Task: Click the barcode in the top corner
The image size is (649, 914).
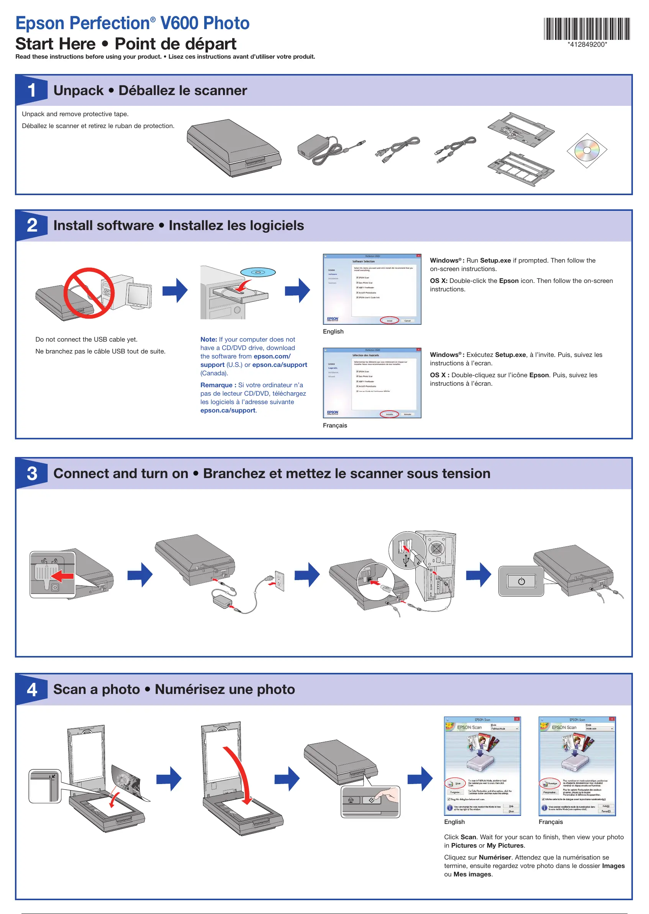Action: (x=587, y=29)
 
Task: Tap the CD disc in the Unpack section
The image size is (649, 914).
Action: (x=587, y=150)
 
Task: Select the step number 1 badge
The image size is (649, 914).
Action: (x=32, y=90)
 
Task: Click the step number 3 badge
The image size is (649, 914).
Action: (x=32, y=473)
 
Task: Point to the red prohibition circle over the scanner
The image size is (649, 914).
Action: (x=89, y=293)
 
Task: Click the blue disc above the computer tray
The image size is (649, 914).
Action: (x=258, y=272)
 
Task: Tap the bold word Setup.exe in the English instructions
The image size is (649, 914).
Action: (x=495, y=261)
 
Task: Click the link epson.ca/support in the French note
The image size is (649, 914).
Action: (x=228, y=411)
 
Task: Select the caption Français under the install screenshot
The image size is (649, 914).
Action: (x=334, y=426)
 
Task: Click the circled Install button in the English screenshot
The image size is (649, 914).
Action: (x=389, y=321)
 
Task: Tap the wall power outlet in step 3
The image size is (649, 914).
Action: (x=279, y=580)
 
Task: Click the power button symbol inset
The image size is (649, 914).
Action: (x=521, y=581)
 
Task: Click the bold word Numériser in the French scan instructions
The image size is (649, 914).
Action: (x=495, y=857)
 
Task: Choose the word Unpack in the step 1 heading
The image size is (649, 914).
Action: (x=78, y=91)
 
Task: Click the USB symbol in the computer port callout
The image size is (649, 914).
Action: (x=406, y=560)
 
